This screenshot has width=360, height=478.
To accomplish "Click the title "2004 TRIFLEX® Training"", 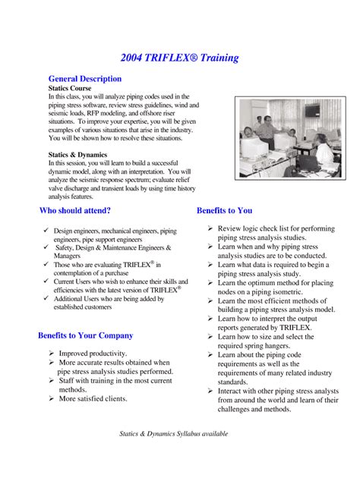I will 179,58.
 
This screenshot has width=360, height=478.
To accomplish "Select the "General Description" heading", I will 84,78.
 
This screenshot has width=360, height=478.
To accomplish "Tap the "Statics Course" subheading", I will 70,88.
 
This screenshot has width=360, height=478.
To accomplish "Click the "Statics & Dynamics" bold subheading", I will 77,154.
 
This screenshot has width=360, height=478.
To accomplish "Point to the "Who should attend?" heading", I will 74,210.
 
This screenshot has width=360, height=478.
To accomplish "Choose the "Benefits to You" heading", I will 224,210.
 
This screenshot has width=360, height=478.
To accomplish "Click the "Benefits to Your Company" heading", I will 85,335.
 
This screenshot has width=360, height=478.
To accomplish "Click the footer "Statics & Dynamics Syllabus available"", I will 174,434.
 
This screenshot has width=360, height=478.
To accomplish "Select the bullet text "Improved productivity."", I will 93,354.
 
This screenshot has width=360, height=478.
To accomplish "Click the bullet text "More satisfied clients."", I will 93,398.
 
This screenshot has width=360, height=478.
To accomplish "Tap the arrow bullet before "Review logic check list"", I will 210,228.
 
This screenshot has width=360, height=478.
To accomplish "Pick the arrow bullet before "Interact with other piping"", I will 210,391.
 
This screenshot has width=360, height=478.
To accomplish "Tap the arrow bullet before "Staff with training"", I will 52,381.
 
